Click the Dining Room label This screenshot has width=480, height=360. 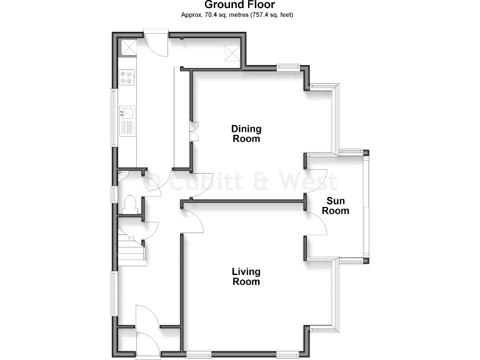(x=246, y=134)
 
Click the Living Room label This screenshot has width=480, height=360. (x=246, y=277)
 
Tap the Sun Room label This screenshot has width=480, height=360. (x=336, y=206)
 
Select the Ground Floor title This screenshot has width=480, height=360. (x=240, y=5)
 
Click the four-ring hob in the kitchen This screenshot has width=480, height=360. (x=127, y=77)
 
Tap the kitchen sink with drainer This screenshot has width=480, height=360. (x=127, y=118)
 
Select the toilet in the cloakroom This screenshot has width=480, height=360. (x=129, y=204)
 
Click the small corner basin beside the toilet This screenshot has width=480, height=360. (x=122, y=176)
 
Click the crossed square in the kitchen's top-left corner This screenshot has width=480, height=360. (x=129, y=47)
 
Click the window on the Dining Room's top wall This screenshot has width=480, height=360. (x=288, y=67)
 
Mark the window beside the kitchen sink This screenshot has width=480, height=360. (x=114, y=118)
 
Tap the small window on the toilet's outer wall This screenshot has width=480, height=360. (x=114, y=194)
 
